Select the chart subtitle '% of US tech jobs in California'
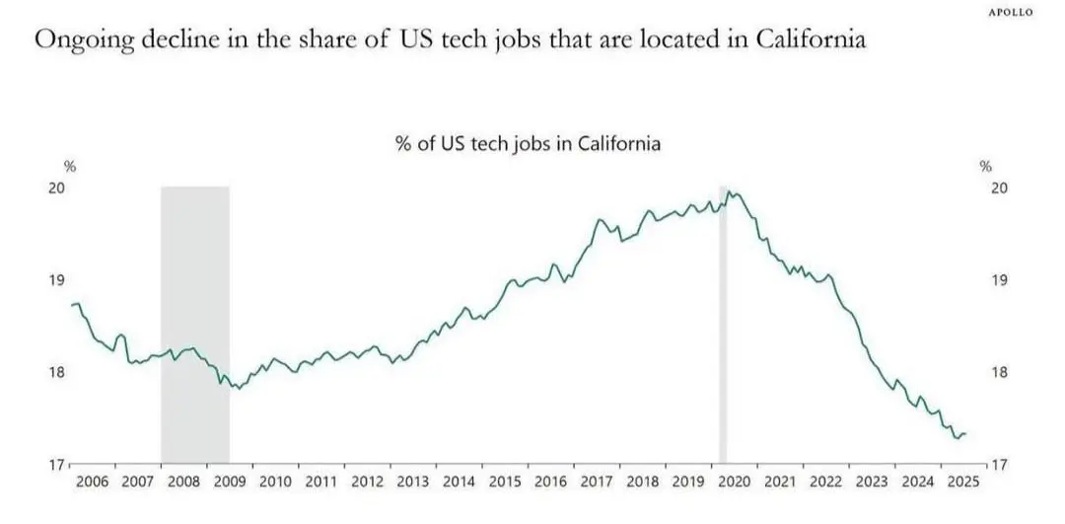point(528,143)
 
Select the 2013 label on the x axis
point(413,483)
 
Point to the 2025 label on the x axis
point(962,483)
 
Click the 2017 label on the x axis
point(597,483)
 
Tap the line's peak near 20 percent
point(730,192)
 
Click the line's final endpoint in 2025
point(966,433)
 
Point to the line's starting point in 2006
point(72,305)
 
